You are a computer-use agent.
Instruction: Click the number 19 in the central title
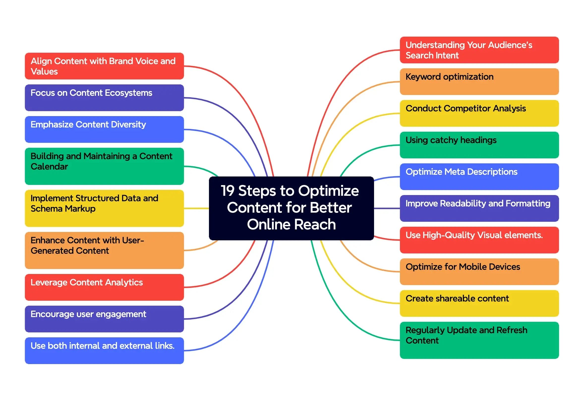click(228, 191)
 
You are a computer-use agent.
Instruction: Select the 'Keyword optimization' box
click(479, 82)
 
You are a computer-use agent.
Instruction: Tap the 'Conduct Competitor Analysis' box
click(479, 113)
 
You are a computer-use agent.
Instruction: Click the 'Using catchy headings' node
click(479, 145)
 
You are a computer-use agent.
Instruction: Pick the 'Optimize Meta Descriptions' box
click(479, 176)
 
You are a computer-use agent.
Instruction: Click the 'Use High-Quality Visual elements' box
click(479, 240)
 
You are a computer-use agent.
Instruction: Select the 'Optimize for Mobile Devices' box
click(479, 272)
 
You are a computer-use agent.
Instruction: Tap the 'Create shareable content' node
click(479, 303)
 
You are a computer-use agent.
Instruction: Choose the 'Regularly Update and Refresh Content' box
click(479, 340)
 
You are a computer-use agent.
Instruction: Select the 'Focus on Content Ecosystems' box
click(104, 98)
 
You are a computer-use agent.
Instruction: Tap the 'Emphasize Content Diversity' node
click(104, 129)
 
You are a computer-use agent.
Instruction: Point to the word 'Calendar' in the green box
click(49, 167)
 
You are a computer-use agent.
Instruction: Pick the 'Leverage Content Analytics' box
click(104, 287)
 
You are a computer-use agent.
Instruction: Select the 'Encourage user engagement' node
click(104, 319)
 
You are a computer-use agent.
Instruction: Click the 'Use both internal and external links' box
click(104, 350)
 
